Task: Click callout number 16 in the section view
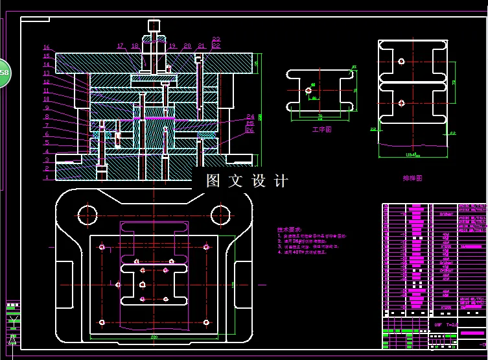tap(47, 47)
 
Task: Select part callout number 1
tap(47, 176)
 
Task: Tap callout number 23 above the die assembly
tap(216, 40)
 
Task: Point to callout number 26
tap(250, 130)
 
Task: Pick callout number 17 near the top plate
tap(121, 46)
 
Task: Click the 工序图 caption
tap(321, 129)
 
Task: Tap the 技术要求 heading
tap(289, 230)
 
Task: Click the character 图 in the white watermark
tap(214, 181)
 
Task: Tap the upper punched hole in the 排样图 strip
tap(402, 62)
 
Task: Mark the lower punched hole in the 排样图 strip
tap(402, 102)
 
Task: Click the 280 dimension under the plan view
tap(154, 337)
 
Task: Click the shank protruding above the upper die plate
tap(154, 26)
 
